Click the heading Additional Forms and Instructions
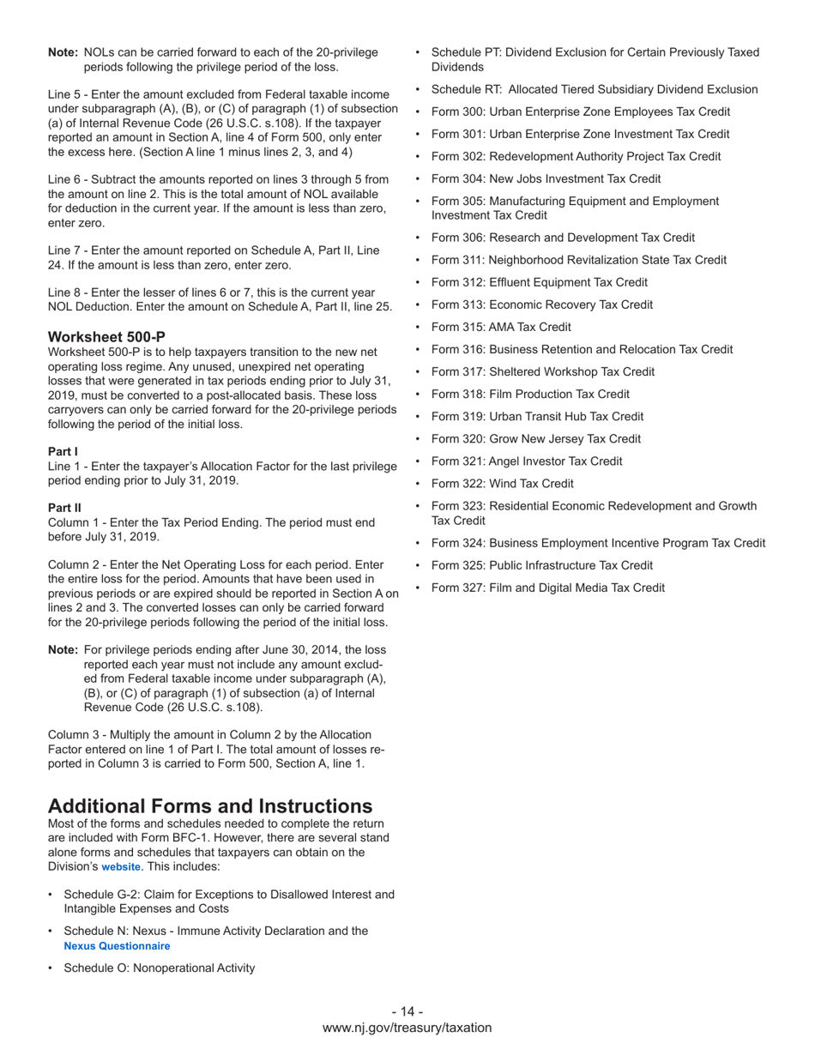[210, 806]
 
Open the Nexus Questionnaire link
[117, 946]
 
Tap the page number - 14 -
[407, 1011]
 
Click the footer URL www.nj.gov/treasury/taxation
[407, 1028]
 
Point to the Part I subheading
[63, 451]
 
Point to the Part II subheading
[64, 508]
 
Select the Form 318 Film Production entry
[530, 394]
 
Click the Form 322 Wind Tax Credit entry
[503, 483]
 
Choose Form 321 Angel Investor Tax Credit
[527, 461]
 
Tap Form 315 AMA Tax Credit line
[501, 327]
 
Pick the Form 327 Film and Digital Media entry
[547, 588]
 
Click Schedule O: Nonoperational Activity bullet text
[160, 968]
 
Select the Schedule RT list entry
[594, 89]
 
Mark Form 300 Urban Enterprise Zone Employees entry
[581, 112]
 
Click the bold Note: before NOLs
[63, 52]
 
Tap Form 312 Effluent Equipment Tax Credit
[539, 282]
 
